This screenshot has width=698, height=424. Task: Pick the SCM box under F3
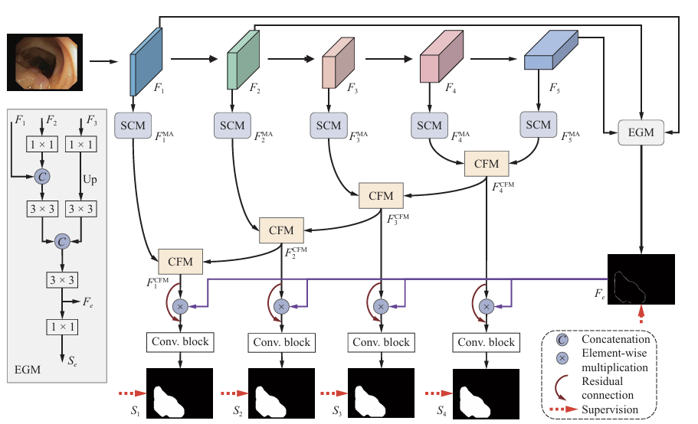[x=328, y=126]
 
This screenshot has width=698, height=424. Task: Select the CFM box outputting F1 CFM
[x=181, y=261]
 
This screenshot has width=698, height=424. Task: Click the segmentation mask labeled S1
[x=180, y=393]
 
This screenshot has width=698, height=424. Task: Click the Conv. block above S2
[x=281, y=342]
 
